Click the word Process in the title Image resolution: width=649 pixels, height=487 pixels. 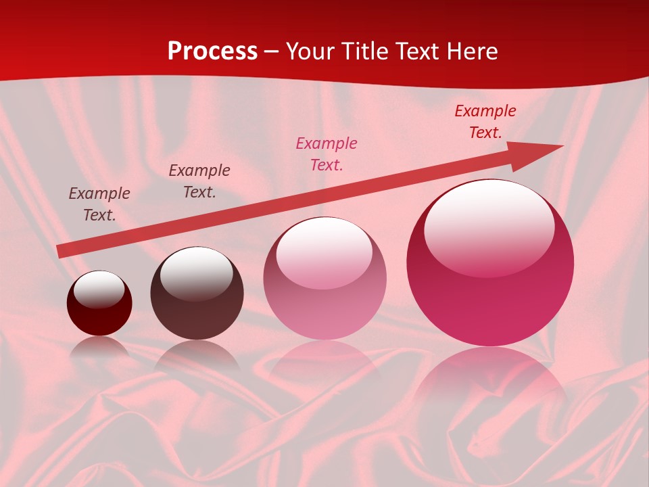pos(212,51)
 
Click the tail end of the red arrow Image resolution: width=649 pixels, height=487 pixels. pos(61,251)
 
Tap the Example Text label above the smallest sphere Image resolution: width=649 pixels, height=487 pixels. pos(99,204)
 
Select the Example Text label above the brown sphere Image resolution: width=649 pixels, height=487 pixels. pos(199,181)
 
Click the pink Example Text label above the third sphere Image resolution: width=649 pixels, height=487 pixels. pos(327,154)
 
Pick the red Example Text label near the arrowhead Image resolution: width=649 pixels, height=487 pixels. pos(485,122)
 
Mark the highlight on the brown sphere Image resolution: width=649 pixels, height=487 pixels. pos(196,274)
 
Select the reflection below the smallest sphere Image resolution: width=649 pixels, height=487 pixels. pos(99,346)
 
